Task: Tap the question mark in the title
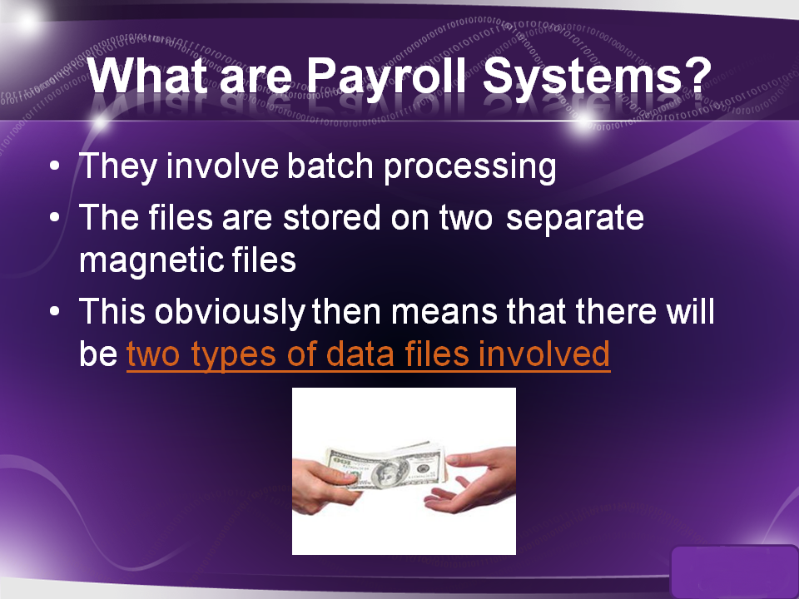tap(697, 75)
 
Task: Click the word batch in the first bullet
tap(330, 166)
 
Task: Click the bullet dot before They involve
tap(55, 166)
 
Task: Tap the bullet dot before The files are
tap(55, 217)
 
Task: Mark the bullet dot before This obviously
tap(55, 311)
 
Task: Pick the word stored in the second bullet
tap(332, 217)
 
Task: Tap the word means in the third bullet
tap(444, 312)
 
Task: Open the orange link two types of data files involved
tap(369, 355)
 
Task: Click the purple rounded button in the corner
tap(734, 571)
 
